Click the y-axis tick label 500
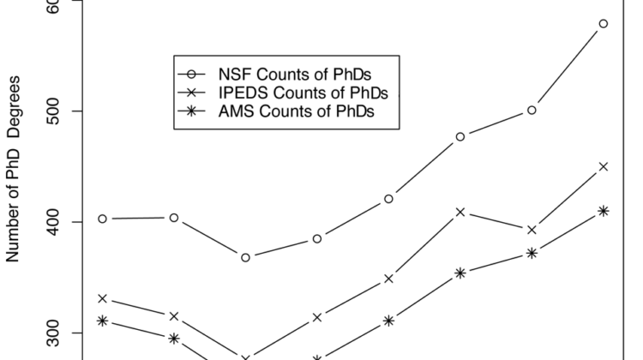tap(53, 111)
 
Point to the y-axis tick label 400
tap(53, 222)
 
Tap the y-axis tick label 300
tap(53, 333)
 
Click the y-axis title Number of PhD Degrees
tap(13, 169)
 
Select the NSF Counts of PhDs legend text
tap(295, 75)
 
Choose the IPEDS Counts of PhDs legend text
tap(303, 93)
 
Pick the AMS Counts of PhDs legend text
tap(296, 111)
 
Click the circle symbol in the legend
tap(191, 75)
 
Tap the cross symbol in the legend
tap(191, 93)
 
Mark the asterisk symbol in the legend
tap(191, 111)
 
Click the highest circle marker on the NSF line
tap(604, 24)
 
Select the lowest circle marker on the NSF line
tap(246, 257)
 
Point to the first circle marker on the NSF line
tap(103, 219)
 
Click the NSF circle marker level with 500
tap(532, 111)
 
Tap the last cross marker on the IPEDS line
tap(604, 166)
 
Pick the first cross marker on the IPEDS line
tap(103, 298)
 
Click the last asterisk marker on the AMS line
tap(604, 211)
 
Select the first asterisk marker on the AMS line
tap(103, 321)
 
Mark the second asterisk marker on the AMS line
tap(174, 339)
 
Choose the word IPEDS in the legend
tap(243, 93)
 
